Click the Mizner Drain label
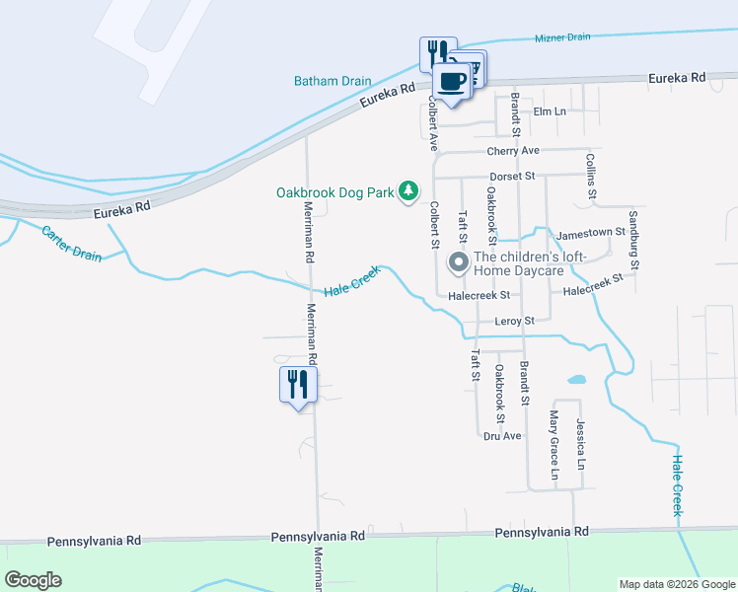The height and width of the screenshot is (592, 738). pyautogui.click(x=562, y=37)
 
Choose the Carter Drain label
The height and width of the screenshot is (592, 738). pyautogui.click(x=71, y=243)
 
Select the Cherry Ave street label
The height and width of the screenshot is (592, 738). pyautogui.click(x=513, y=151)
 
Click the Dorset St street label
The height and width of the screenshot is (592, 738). pyautogui.click(x=512, y=176)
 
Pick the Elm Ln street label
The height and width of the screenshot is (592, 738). pyautogui.click(x=549, y=111)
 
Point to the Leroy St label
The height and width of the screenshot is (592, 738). pyautogui.click(x=514, y=321)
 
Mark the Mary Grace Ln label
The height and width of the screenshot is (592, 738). pyautogui.click(x=554, y=446)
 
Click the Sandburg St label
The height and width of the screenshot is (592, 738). pyautogui.click(x=634, y=240)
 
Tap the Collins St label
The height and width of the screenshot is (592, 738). pyautogui.click(x=591, y=178)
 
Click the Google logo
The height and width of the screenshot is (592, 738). pyautogui.click(x=33, y=580)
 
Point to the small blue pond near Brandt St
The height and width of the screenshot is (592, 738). pyautogui.click(x=575, y=379)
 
